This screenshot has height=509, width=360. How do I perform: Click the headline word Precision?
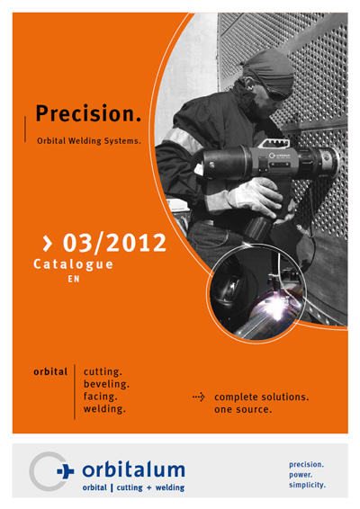pyautogui.click(x=88, y=113)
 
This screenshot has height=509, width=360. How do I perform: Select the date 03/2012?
pyautogui.click(x=114, y=243)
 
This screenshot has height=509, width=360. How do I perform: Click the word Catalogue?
pyautogui.click(x=73, y=264)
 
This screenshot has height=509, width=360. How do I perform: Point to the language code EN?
pyautogui.click(x=74, y=279)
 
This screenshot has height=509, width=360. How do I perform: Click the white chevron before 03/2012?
pyautogui.click(x=48, y=244)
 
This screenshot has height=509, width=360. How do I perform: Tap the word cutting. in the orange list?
pyautogui.click(x=103, y=371)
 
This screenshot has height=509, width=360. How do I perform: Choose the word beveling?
pyautogui.click(x=106, y=384)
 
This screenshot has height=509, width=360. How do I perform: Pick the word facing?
pyautogui.click(x=101, y=397)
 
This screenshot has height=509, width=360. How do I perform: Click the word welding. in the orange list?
pyautogui.click(x=104, y=408)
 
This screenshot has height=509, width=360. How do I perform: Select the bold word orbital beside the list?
pyautogui.click(x=50, y=371)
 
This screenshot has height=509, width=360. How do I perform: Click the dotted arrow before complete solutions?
pyautogui.click(x=199, y=397)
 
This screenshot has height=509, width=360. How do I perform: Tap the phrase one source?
pyautogui.click(x=243, y=410)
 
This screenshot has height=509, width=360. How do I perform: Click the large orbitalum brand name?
pyautogui.click(x=133, y=470)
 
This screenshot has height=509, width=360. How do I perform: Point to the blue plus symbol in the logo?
pyautogui.click(x=66, y=470)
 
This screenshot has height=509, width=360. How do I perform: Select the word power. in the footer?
pyautogui.click(x=301, y=475)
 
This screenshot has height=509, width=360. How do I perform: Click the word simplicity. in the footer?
pyautogui.click(x=307, y=485)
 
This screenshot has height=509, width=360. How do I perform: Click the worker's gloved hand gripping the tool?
pyautogui.click(x=256, y=197)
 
